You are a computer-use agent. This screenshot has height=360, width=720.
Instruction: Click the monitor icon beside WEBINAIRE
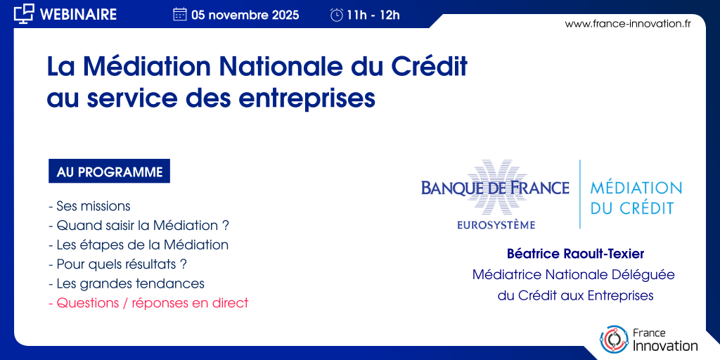24,14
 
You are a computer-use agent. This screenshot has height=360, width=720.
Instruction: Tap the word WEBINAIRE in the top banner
79,15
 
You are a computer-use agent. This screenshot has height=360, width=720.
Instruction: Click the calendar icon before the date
179,15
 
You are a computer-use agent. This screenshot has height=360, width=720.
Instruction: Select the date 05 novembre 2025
245,15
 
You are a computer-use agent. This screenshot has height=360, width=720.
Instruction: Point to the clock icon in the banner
337,15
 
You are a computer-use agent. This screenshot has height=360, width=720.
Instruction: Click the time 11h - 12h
373,15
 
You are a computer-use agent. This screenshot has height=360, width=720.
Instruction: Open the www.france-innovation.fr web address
628,24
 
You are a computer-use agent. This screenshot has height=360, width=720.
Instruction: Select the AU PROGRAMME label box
109,171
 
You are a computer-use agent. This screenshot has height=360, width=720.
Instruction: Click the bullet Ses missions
89,206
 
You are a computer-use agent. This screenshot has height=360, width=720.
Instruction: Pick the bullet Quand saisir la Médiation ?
139,226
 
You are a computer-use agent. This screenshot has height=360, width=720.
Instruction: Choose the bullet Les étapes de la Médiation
139,245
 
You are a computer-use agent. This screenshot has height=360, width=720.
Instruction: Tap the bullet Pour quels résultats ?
117,264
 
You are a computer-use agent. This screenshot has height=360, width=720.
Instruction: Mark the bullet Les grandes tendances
127,284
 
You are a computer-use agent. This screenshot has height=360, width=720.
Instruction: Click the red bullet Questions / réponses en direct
148,303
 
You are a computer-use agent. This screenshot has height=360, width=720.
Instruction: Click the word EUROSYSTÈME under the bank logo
496,225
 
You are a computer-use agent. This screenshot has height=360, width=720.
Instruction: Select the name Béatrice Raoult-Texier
575,253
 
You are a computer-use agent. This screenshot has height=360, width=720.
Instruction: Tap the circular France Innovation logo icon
614,340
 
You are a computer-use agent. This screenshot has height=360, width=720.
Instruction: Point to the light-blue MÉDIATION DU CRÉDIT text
636,198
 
